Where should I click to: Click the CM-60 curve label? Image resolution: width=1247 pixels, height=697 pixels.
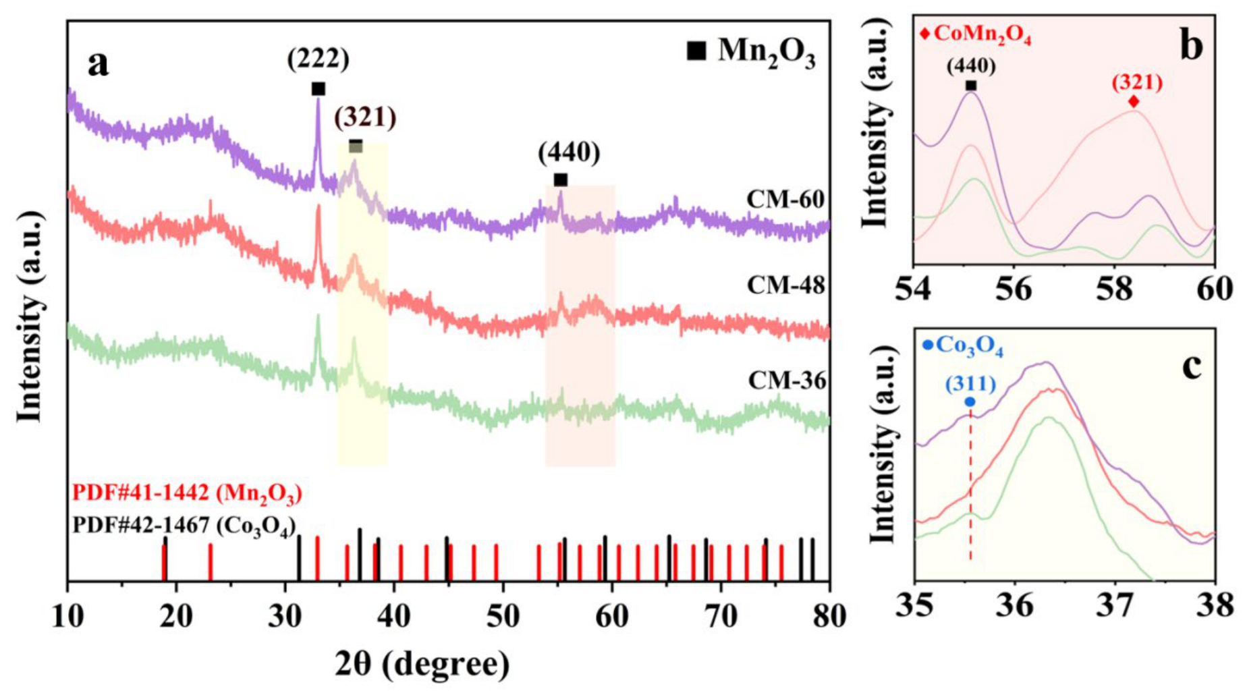pos(785,200)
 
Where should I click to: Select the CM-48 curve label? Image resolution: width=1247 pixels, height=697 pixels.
pos(786,286)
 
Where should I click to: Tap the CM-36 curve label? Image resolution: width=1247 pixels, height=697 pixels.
pos(787,381)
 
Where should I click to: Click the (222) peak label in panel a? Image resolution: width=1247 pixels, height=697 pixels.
pos(318,59)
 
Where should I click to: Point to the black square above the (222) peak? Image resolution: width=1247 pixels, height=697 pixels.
pos(318,89)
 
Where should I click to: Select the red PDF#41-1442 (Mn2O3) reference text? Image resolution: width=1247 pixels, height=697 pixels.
pos(187,494)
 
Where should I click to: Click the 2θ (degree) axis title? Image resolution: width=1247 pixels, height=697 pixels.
pos(422,664)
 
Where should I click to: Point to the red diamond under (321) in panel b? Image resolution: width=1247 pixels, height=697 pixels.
pos(1134,101)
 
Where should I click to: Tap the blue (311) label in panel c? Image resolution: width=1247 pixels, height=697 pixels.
pos(970,384)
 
